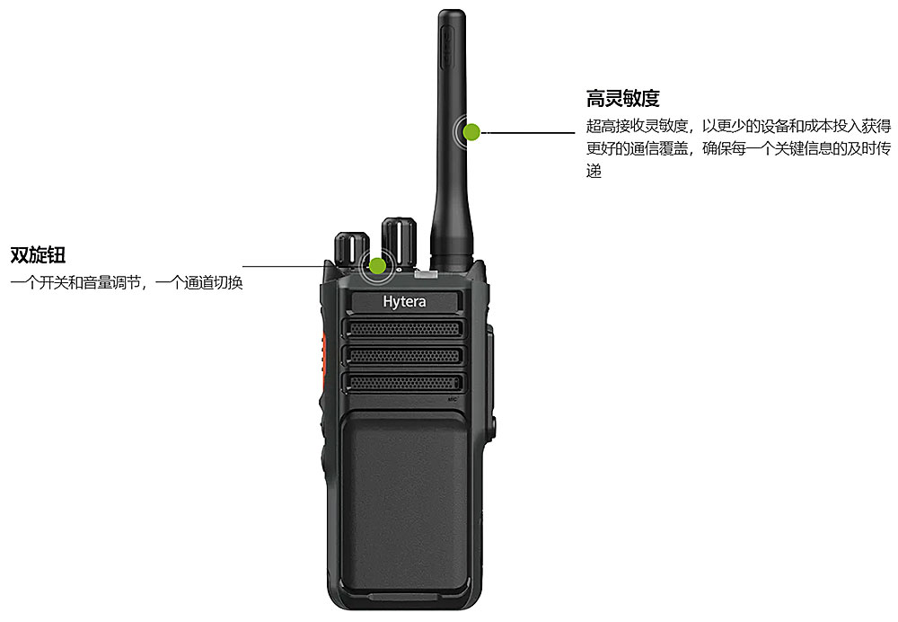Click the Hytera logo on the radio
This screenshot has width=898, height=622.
pyautogui.click(x=404, y=302)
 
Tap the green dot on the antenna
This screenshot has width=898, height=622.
pyautogui.click(x=471, y=132)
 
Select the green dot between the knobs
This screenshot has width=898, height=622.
pyautogui.click(x=377, y=265)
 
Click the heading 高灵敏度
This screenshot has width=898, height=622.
pyautogui.click(x=622, y=98)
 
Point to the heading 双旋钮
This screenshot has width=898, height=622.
pyautogui.click(x=38, y=255)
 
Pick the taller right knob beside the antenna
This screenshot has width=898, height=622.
pyautogui.click(x=399, y=243)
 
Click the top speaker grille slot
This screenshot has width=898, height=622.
pyautogui.click(x=402, y=328)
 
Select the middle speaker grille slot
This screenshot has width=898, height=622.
pyautogui.click(x=402, y=355)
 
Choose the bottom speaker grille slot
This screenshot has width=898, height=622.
pyautogui.click(x=402, y=382)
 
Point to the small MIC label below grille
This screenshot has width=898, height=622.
pyautogui.click(x=453, y=399)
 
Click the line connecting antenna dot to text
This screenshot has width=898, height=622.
pyautogui.click(x=528, y=132)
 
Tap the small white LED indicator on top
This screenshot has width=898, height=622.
pyautogui.click(x=425, y=275)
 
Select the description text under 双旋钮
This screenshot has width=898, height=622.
pyautogui.click(x=127, y=282)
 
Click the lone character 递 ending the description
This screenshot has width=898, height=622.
pyautogui.click(x=594, y=171)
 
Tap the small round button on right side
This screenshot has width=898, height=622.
pyautogui.click(x=493, y=425)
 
